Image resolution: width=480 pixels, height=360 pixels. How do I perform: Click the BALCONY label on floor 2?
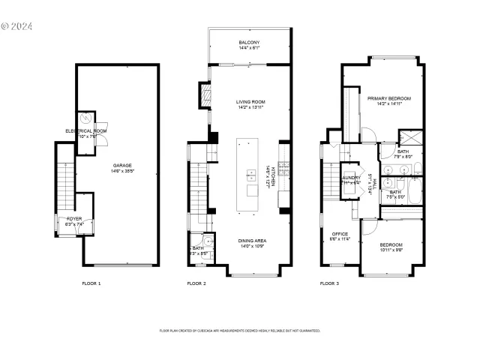coord(249,42)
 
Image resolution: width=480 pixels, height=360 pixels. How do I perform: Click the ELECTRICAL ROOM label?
coord(85,131)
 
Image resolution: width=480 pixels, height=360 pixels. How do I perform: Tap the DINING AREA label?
coord(253,241)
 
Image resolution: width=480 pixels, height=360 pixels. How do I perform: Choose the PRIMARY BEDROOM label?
coord(389,98)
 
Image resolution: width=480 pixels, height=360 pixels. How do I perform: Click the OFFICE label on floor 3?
coord(340,233)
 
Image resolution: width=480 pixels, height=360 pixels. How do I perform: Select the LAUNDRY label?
coord(352,178)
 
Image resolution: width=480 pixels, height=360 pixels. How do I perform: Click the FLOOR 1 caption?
coord(91,283)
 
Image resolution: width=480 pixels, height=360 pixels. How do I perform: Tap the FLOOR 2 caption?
coord(196,283)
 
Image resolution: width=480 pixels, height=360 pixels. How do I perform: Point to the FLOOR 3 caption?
coord(329,283)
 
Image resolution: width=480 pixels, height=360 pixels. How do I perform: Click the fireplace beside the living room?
coord(202,94)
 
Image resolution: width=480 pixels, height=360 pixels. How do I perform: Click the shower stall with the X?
coord(409,138)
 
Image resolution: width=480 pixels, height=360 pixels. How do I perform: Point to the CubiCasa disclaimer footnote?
coord(240,330)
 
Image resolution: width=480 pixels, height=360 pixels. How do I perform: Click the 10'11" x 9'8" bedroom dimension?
coord(391,251)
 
